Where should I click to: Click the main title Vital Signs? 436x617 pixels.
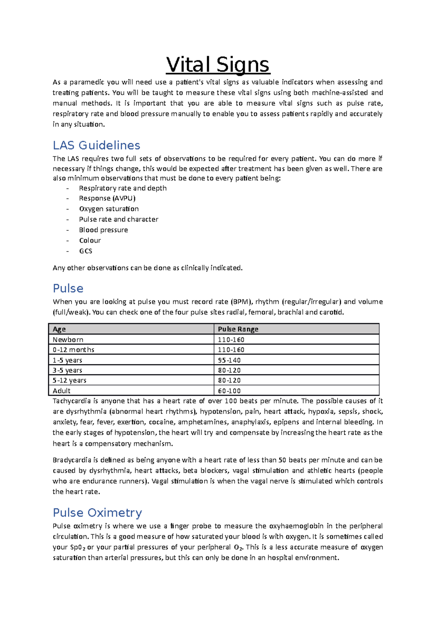coord(218,65)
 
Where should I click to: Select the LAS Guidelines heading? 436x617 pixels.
coord(96,145)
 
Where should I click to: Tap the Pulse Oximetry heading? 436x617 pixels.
coord(97,512)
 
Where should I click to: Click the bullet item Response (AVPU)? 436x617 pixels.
coord(107,198)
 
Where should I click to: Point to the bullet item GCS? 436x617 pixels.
coord(86,251)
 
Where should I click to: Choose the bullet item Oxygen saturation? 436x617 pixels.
coord(109,209)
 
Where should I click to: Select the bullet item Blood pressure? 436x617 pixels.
coord(104,230)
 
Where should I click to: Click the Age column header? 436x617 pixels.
coord(59,329)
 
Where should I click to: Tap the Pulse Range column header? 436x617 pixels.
coord(238,329)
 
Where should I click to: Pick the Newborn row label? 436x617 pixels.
coord(68,340)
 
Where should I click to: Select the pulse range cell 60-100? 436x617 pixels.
coord(229,391)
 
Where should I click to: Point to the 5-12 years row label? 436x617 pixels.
coord(69,380)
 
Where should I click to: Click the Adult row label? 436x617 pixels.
coord(61,391)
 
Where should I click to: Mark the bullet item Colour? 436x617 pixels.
coord(90,241)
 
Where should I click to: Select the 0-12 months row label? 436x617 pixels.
coord(73,350)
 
